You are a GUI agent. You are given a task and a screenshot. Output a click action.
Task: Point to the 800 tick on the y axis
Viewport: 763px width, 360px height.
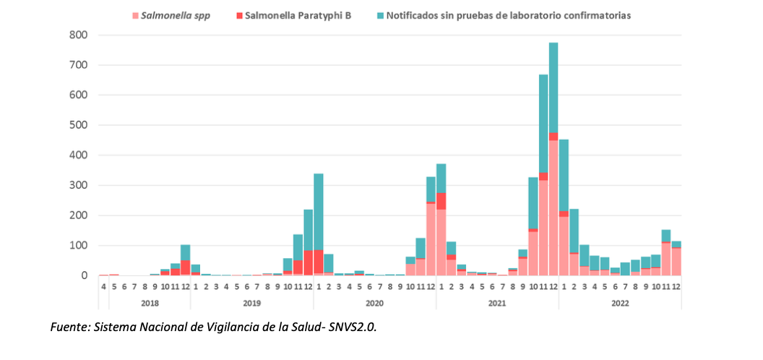point(79,35)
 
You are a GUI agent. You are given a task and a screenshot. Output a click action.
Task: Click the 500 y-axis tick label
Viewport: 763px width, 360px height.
point(79,125)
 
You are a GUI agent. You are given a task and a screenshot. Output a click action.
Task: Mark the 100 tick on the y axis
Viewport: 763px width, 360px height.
point(79,246)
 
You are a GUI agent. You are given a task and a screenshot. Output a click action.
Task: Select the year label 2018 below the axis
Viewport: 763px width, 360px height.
point(150,304)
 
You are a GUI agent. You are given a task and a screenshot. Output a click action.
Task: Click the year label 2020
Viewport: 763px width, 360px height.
point(374,304)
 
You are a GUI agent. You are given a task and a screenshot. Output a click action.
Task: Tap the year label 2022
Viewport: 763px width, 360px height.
point(619,304)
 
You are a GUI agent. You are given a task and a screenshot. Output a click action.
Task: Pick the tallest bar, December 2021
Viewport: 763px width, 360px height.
point(553,159)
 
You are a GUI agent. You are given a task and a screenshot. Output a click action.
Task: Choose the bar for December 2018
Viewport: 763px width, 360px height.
point(185,260)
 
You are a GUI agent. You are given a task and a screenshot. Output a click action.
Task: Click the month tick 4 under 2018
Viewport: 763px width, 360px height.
point(103,286)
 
